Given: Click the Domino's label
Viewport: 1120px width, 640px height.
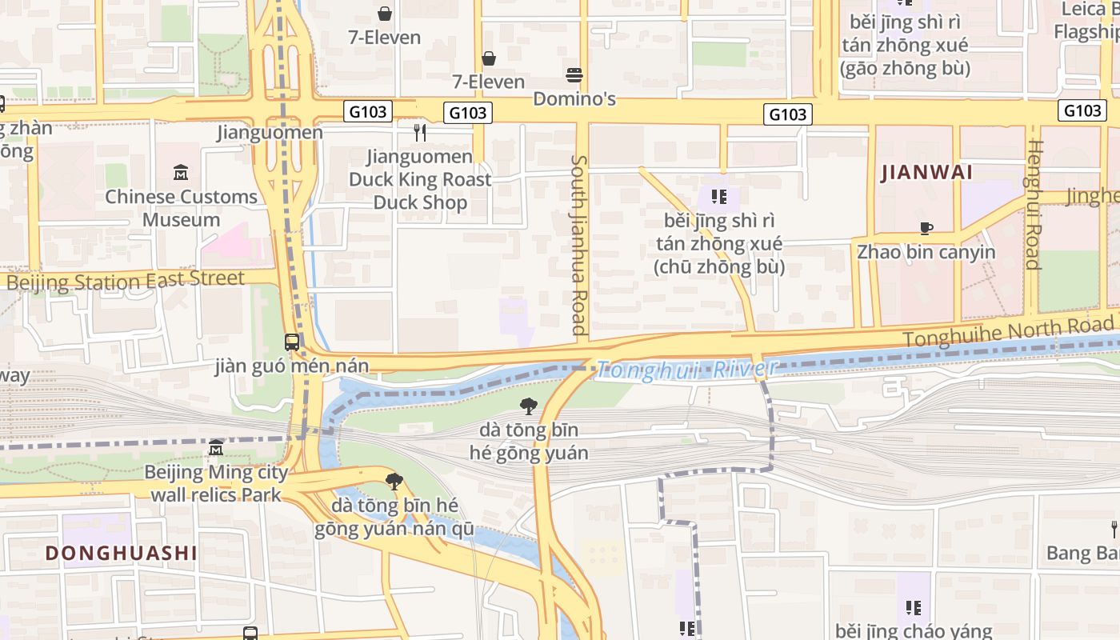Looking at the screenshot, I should [574, 98].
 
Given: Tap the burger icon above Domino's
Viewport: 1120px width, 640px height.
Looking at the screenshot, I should [574, 75].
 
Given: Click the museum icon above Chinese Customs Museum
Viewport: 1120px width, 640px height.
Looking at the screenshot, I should [181, 173].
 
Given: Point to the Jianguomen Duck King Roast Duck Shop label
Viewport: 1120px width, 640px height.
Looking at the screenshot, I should [420, 180].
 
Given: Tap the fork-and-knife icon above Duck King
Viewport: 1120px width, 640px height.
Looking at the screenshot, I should [420, 132].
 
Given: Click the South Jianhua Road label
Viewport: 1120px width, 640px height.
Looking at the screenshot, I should [578, 245].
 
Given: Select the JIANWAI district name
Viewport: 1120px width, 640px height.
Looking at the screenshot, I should [926, 173].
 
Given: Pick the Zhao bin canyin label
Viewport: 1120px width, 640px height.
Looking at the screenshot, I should [926, 252].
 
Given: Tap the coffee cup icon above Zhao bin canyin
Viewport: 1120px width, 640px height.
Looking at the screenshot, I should [926, 229].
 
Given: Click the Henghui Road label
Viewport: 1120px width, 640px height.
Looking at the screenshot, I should [1035, 204].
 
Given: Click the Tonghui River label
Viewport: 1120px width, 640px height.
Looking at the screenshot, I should [686, 369].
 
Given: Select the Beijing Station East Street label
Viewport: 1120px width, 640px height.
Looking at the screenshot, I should [125, 281].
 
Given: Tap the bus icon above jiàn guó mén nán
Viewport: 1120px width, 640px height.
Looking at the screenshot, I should [292, 342].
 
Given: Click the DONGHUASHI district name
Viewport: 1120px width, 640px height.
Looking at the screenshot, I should [121, 553].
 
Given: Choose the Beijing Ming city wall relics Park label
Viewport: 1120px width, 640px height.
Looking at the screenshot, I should [216, 483].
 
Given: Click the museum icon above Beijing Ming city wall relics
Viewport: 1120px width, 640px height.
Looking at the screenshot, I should [216, 448].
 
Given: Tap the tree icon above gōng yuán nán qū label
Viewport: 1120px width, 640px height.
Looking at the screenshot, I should [394, 482].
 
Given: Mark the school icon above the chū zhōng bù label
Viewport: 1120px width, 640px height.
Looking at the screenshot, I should [718, 197].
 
